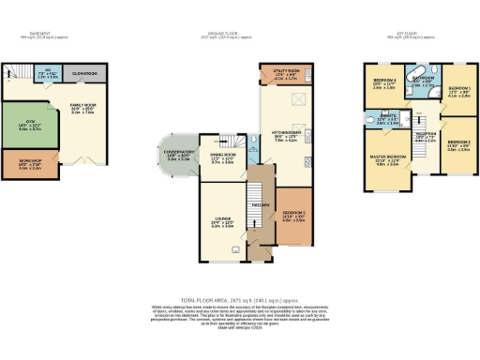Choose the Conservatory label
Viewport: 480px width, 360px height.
(x=179, y=153)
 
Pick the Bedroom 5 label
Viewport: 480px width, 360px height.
(x=295, y=213)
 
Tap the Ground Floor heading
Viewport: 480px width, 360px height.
(x=239, y=34)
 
